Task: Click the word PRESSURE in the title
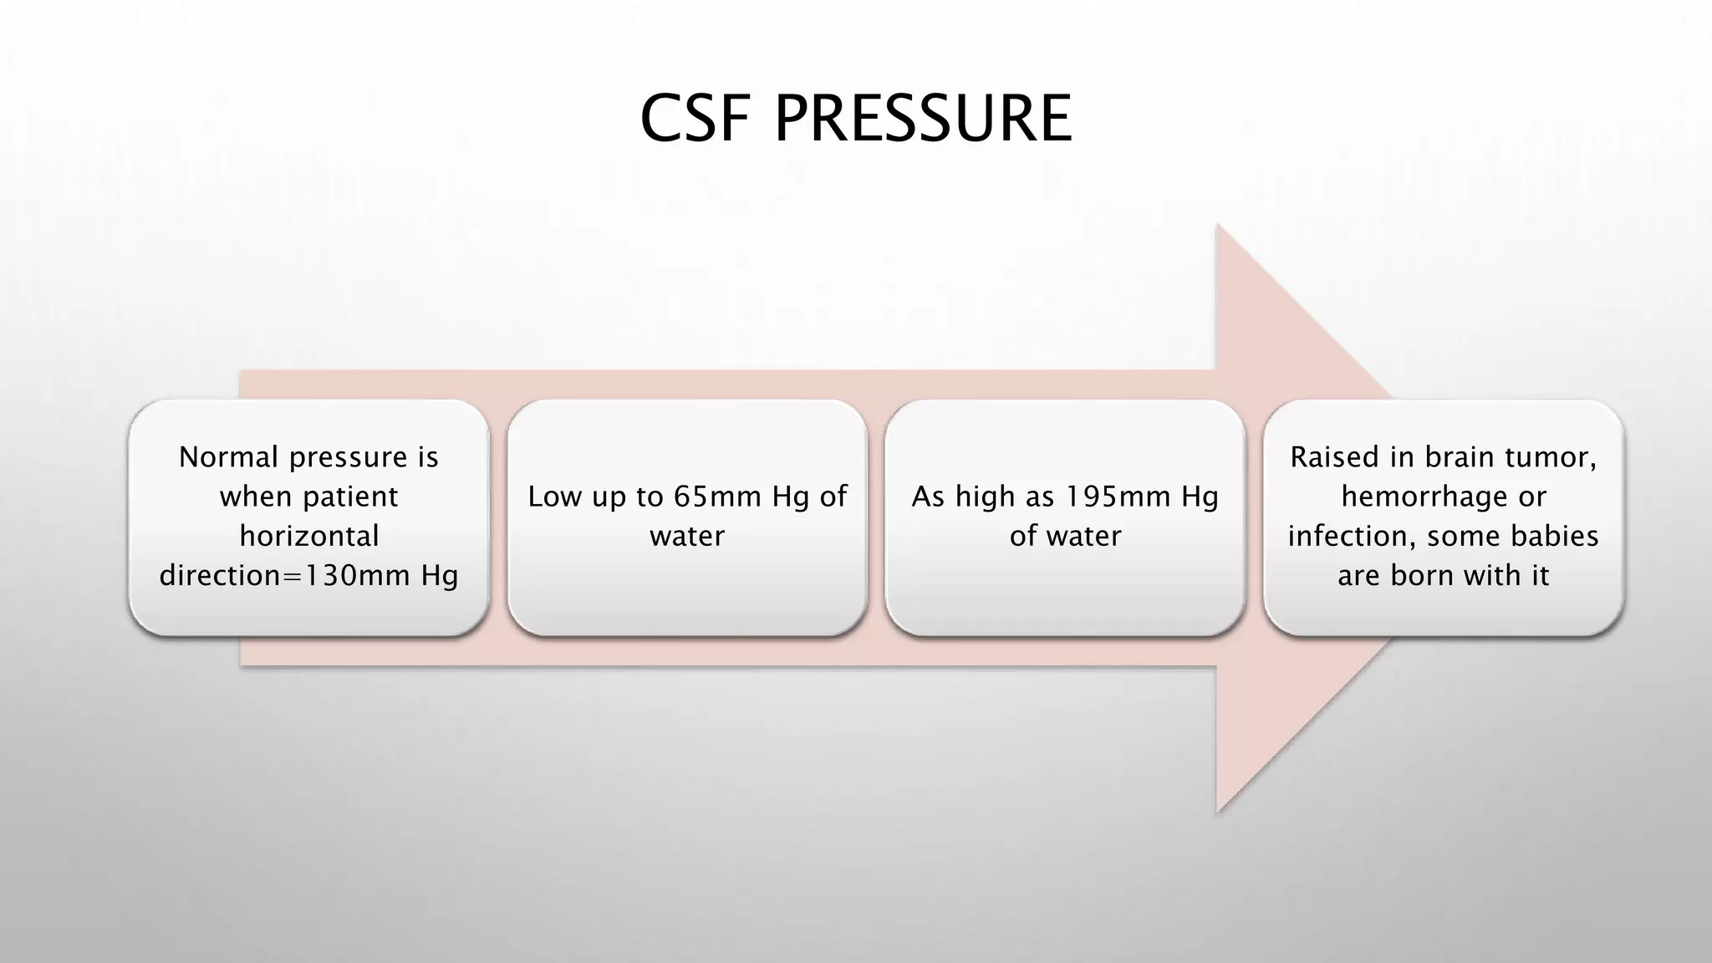tap(923, 119)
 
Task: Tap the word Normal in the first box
tap(228, 457)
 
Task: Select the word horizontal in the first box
tap(309, 536)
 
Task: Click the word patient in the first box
tap(351, 497)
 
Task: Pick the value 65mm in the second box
tap(718, 497)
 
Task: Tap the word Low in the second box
tap(555, 497)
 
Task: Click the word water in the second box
tap(687, 536)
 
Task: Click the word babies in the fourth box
tap(1556, 536)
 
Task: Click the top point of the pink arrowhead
tap(1218, 226)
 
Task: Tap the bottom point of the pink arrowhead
tap(1218, 811)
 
